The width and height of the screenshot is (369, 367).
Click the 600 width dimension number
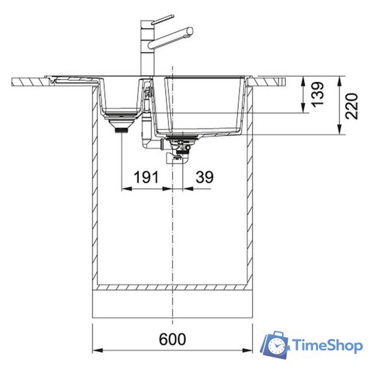[x=172, y=339]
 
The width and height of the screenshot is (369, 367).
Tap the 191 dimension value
[x=146, y=177]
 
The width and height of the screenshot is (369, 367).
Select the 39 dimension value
[x=205, y=177]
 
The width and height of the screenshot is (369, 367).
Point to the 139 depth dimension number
[x=317, y=94]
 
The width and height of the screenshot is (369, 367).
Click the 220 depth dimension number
[x=352, y=106]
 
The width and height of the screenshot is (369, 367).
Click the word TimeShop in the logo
[x=327, y=345]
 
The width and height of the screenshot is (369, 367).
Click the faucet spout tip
[x=190, y=32]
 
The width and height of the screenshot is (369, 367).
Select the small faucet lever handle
[x=162, y=19]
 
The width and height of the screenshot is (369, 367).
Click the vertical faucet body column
[x=147, y=48]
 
